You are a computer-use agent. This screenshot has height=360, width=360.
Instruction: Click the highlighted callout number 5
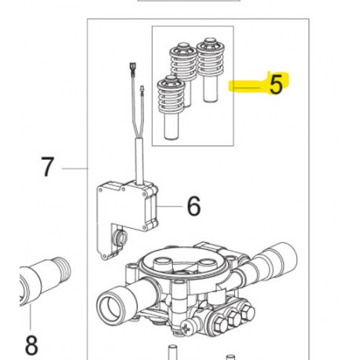[x=276, y=84]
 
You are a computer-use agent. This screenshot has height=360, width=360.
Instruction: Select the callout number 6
[x=194, y=206]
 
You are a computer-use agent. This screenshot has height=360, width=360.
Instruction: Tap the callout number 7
[x=47, y=167]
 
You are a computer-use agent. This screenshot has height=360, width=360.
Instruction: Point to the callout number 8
[x=31, y=345]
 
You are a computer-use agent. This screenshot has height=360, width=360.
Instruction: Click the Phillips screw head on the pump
[x=187, y=328]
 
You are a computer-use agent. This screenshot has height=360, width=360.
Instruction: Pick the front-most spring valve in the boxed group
[x=171, y=108]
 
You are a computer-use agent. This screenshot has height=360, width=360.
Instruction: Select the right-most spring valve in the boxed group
[x=211, y=70]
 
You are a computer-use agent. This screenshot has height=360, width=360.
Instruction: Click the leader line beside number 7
[x=75, y=168]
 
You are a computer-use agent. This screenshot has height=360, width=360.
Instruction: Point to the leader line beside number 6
[x=170, y=206]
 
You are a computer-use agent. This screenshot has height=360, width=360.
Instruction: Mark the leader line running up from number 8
[x=31, y=318]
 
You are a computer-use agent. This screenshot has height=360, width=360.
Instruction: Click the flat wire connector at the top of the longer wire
[x=131, y=70]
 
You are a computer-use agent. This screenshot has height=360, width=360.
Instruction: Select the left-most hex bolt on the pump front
[x=219, y=325]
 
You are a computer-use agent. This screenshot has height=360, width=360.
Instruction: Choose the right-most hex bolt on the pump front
[x=247, y=312]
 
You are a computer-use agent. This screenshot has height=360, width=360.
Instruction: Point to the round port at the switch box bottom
[x=119, y=238]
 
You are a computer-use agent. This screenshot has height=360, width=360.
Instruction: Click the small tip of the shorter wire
[x=142, y=89]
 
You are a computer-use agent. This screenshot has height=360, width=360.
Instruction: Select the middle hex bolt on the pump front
[x=234, y=318]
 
